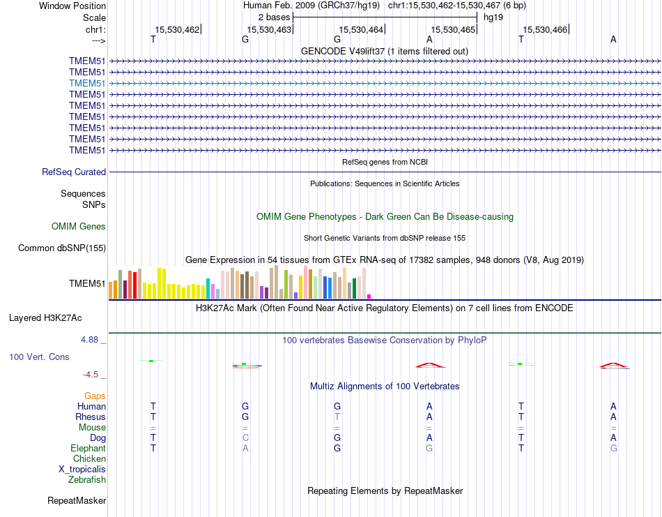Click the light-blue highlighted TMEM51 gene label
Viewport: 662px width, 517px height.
point(87,83)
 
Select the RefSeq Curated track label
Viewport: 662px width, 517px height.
point(74,172)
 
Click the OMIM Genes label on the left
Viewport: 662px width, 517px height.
point(79,226)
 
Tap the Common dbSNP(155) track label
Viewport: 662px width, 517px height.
point(62,248)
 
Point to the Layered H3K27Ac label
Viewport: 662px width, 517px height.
point(45,317)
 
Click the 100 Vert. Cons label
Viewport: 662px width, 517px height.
point(39,357)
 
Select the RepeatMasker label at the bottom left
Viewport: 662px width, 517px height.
point(77,500)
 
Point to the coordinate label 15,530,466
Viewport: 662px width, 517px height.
point(546,29)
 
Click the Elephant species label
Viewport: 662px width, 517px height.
point(88,448)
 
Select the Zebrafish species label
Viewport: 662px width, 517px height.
point(87,479)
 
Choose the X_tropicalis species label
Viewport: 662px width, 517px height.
point(82,469)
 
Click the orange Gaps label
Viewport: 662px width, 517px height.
point(95,396)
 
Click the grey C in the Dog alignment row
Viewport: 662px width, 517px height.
point(245,437)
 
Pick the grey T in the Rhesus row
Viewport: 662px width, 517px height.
point(337,417)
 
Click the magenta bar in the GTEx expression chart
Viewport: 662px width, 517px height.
point(369,296)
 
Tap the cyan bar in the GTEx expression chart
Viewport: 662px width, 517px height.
point(208,288)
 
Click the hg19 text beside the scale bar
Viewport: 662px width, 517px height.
point(493,16)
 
